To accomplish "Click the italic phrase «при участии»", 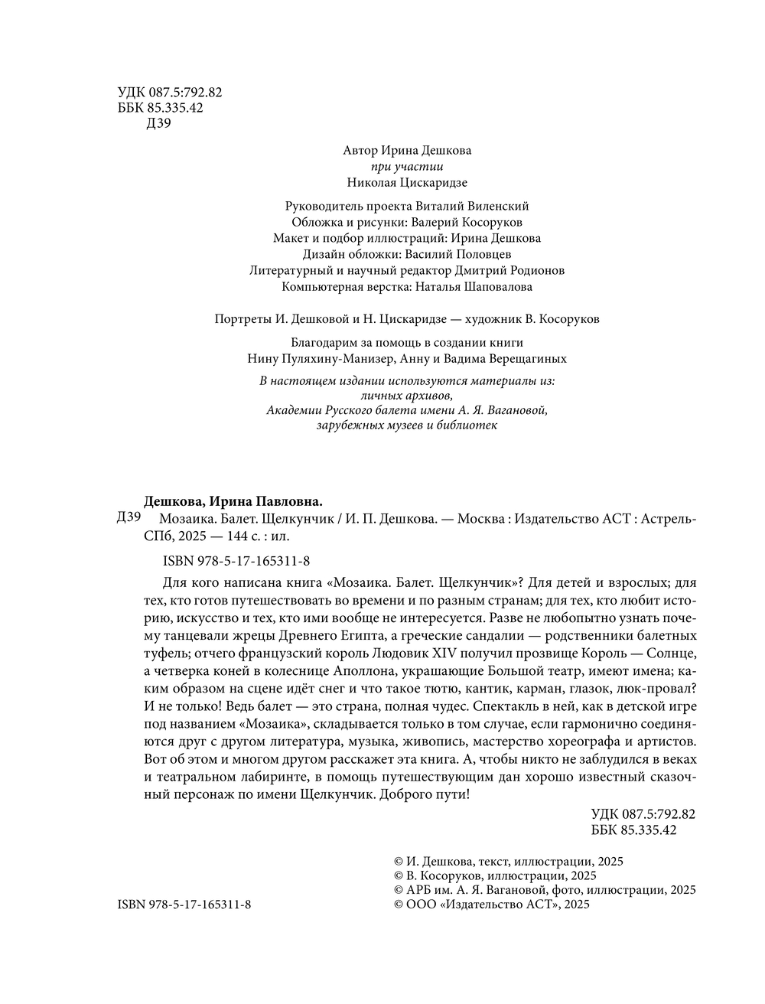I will point(406,167).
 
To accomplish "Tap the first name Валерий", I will point(435,222).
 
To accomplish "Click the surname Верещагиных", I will point(529,358).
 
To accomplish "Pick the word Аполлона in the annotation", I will point(336,671).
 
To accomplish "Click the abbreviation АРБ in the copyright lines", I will point(418,890).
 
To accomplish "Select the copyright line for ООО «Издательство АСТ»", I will point(490,905).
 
